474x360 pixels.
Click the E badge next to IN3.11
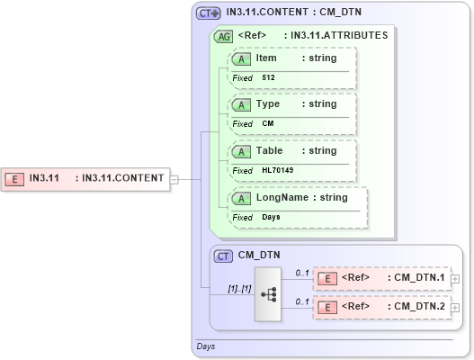(15, 178)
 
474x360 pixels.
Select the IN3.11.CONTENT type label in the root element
(122, 178)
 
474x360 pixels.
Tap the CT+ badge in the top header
(209, 13)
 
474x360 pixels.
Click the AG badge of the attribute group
(222, 37)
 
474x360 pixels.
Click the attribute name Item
(266, 58)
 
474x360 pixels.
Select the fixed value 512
(268, 78)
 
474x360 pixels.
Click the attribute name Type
(268, 104)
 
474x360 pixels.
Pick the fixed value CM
(267, 124)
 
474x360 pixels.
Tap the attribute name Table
(269, 151)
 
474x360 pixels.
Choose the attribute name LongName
(282, 198)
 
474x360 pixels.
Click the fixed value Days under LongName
(271, 218)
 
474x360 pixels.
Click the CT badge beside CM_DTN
(224, 256)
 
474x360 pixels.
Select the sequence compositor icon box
(268, 293)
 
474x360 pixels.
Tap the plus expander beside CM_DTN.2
(455, 308)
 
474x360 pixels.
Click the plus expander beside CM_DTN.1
(455, 278)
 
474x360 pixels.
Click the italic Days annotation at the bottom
(205, 346)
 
